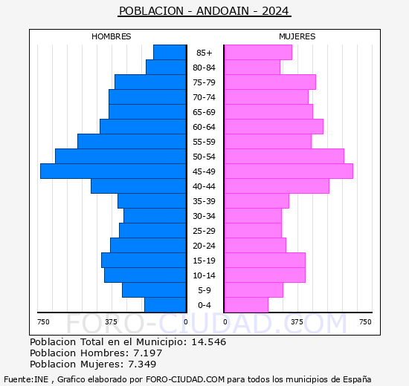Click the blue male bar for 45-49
[113, 171]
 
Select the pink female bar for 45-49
[289, 171]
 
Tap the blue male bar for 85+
[170, 52]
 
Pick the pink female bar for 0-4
[246, 304]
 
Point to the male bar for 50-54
[120, 156]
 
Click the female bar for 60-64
[274, 126]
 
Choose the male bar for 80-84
[166, 67]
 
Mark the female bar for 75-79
[270, 82]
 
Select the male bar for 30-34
[155, 215]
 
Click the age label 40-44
[204, 186]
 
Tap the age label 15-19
[204, 261]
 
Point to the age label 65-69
[204, 112]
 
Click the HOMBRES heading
[112, 36]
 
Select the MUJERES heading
[297, 36]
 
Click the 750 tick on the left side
[44, 321]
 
